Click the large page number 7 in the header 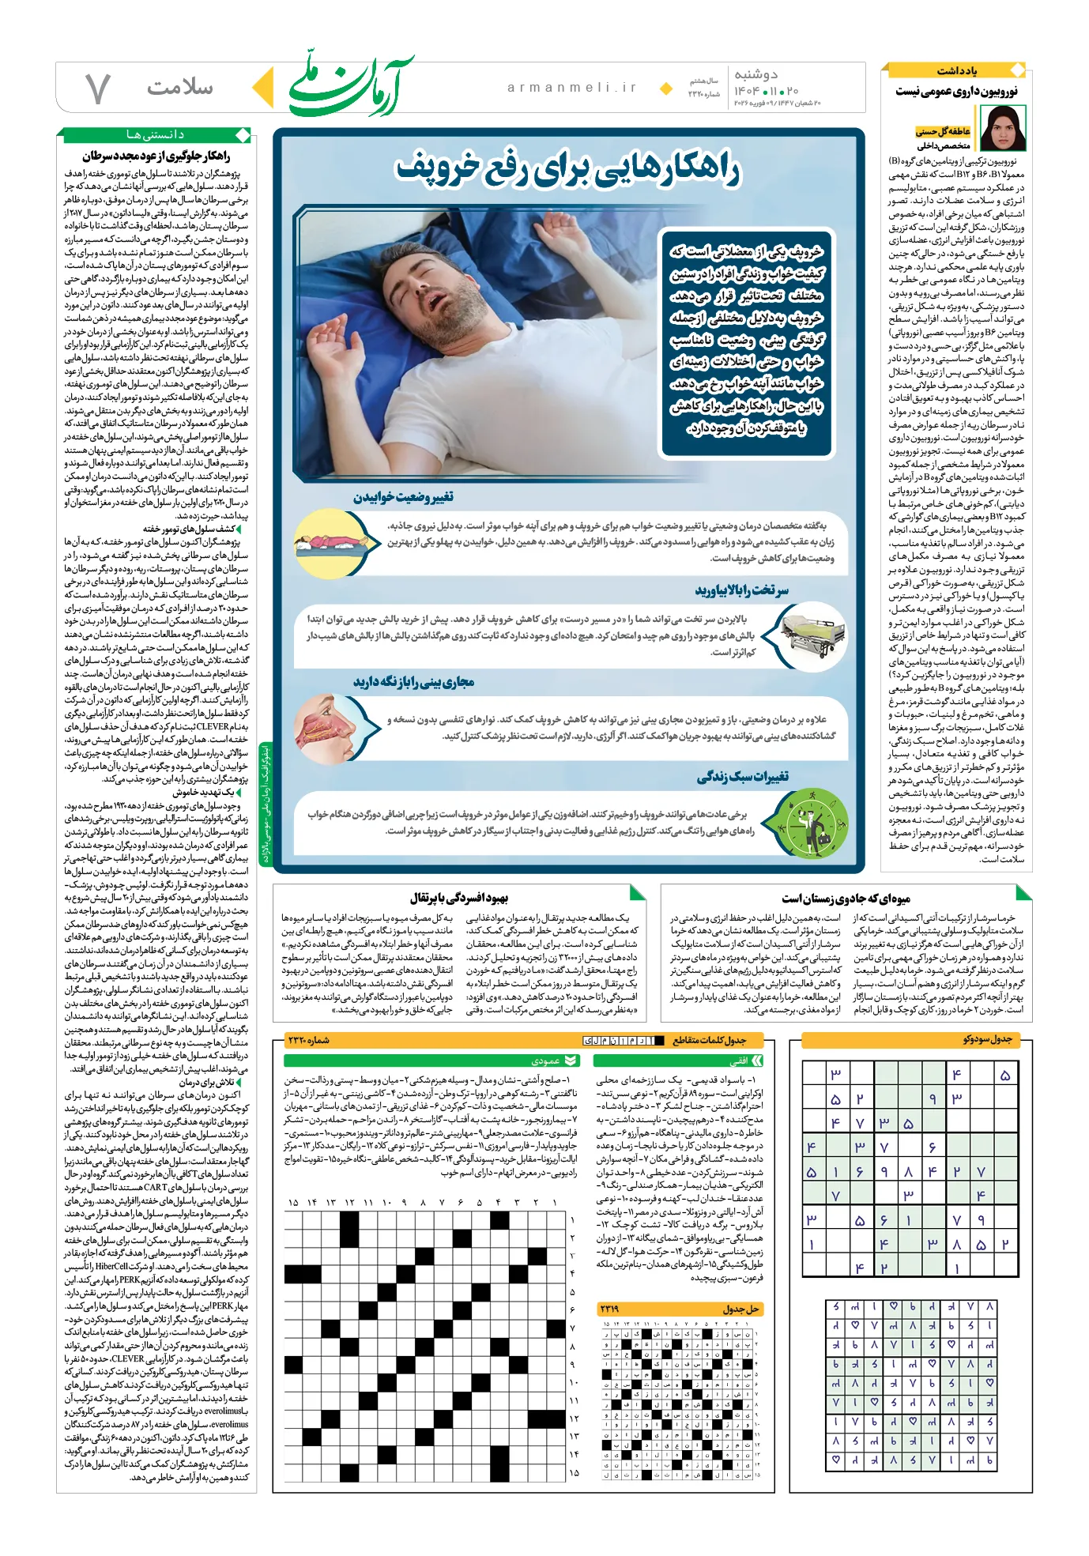(x=97, y=89)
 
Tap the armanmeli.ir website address (x=572, y=88)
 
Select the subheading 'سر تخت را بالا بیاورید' (x=741, y=590)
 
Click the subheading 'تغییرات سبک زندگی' (x=742, y=778)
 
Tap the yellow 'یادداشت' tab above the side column (x=957, y=71)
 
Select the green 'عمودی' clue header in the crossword (x=546, y=1061)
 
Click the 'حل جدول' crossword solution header (x=740, y=1309)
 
